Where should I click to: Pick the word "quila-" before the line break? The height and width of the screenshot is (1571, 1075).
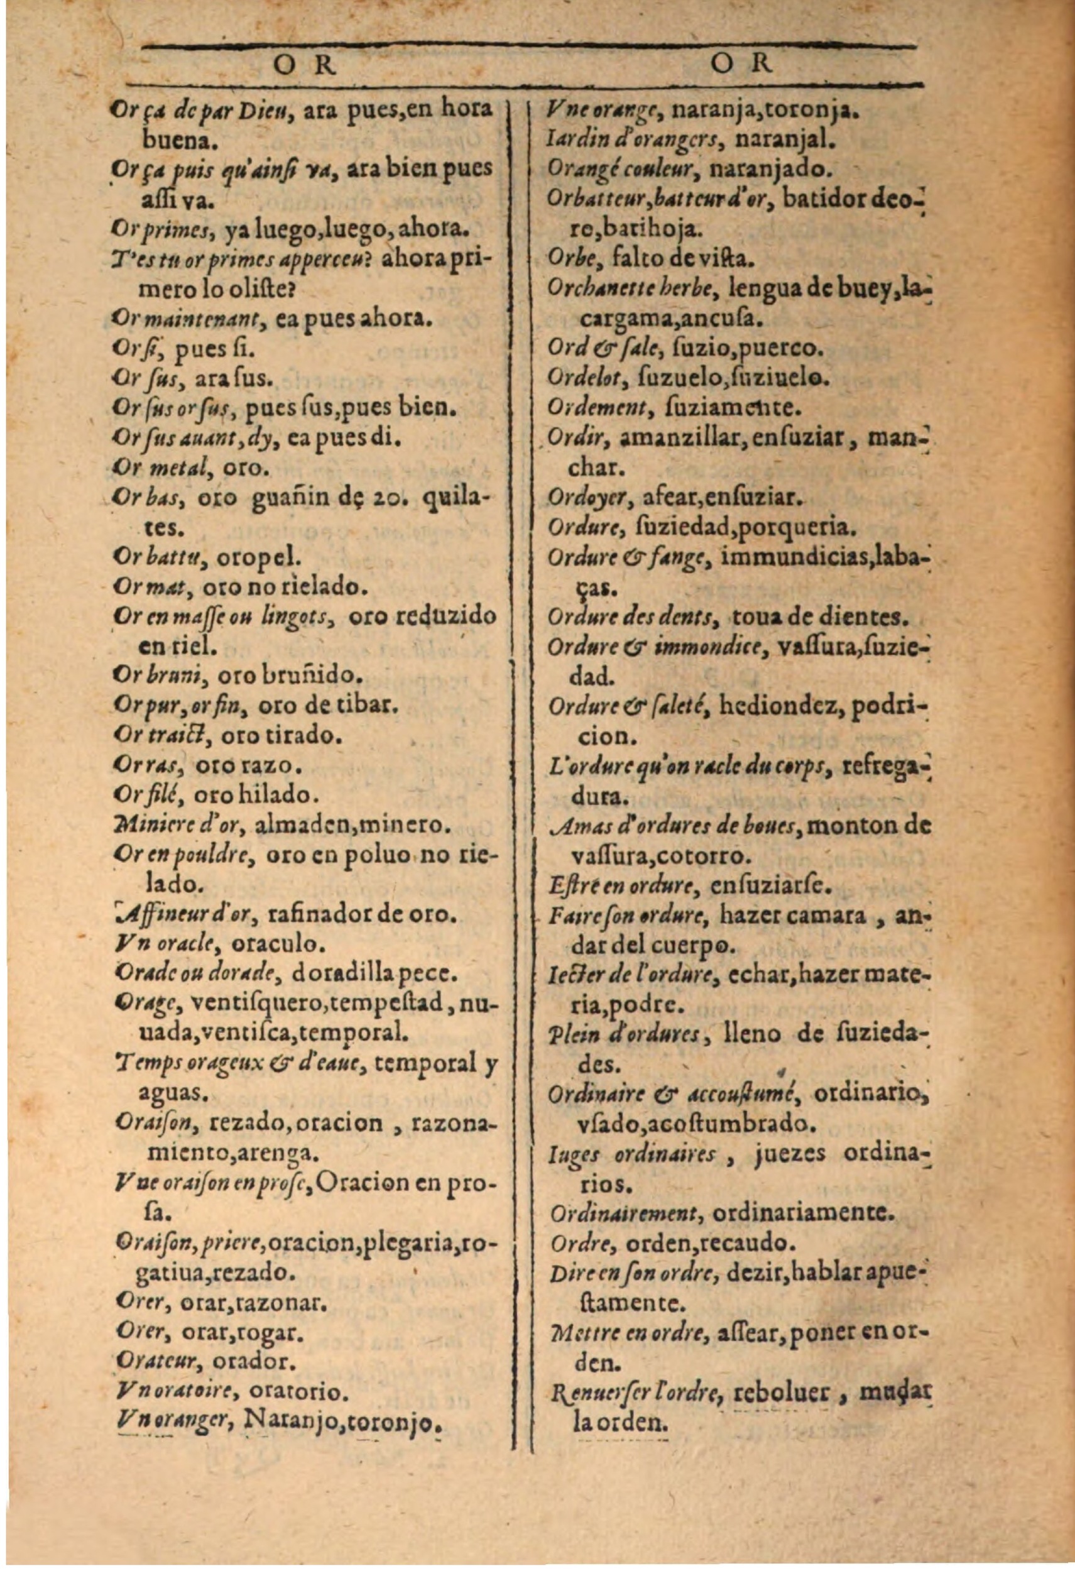458,500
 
